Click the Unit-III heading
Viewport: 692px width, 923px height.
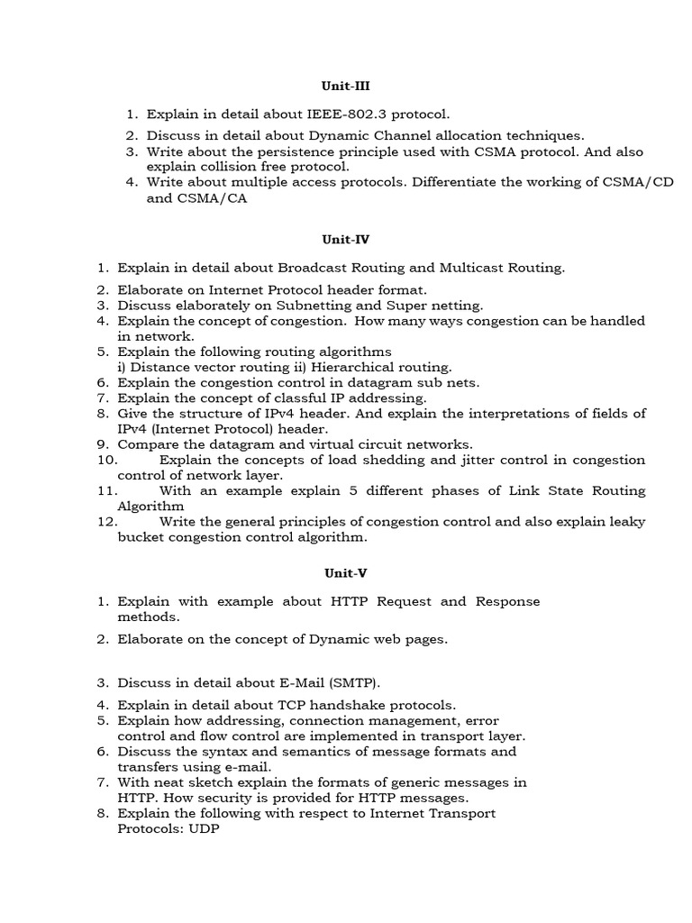pos(346,87)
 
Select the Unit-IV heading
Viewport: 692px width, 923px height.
pos(346,240)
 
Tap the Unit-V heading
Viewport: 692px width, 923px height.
pos(346,573)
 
